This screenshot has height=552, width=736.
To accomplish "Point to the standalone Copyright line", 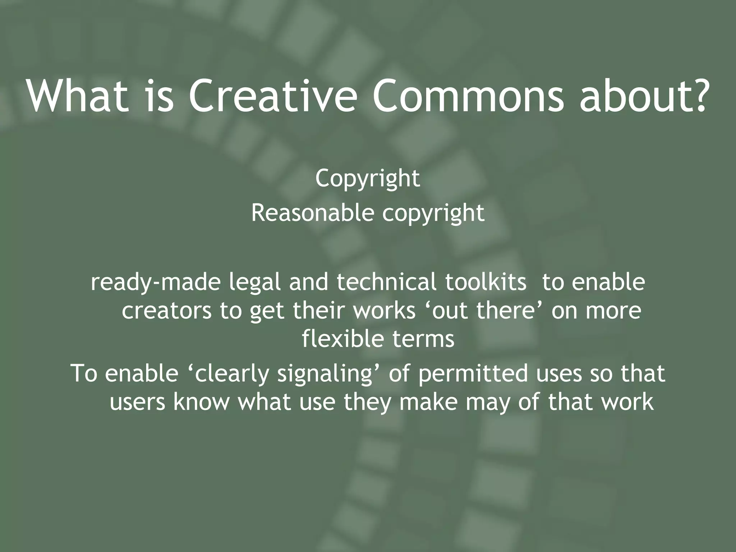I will point(367,179).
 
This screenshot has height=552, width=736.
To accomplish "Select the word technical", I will point(386,282).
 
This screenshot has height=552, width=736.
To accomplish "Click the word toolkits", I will point(486,282).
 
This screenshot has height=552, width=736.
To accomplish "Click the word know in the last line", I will point(201,402).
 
